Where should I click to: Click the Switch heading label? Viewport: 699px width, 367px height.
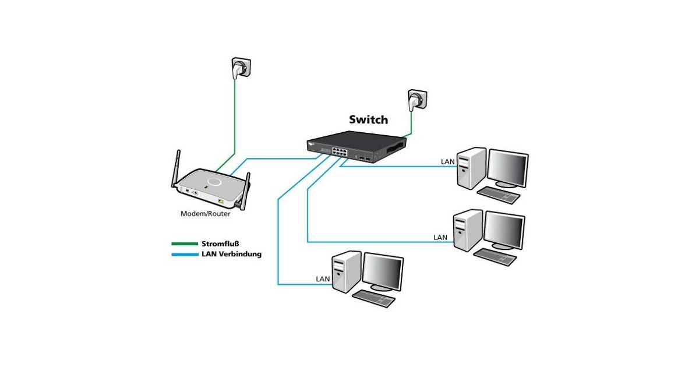click(369, 120)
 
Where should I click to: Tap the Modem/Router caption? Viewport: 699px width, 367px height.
click(205, 214)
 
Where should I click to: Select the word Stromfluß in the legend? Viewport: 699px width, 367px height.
click(220, 244)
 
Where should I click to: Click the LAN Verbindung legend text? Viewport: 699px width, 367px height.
click(232, 254)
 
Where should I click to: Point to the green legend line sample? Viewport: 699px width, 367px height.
click(185, 244)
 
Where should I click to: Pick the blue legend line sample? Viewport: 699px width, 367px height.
click(185, 255)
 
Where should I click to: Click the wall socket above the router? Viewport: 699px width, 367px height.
click(241, 68)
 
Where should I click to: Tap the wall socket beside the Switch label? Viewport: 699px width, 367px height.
click(418, 100)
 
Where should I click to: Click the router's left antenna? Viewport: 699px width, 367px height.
click(176, 168)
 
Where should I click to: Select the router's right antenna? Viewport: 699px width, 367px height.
click(244, 191)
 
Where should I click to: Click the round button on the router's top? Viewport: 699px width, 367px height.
click(215, 182)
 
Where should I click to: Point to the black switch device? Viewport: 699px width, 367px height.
click(356, 146)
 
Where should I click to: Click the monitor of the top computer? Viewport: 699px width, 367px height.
click(508, 168)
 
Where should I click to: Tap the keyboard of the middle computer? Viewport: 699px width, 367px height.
click(495, 257)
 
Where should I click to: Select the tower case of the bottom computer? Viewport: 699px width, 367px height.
click(346, 271)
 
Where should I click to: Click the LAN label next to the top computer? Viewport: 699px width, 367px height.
click(448, 162)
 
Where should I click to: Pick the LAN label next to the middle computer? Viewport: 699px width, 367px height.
click(440, 238)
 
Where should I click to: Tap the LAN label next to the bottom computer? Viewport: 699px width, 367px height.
click(323, 279)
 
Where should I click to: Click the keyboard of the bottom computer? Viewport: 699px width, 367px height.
click(373, 299)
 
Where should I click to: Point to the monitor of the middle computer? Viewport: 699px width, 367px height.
click(504, 230)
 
